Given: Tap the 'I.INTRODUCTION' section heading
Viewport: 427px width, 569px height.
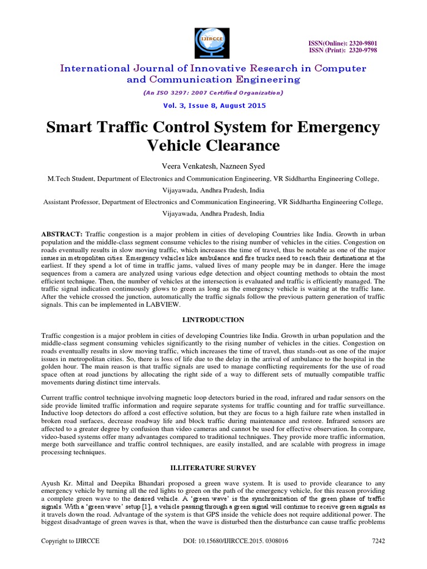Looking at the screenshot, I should [213, 320].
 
